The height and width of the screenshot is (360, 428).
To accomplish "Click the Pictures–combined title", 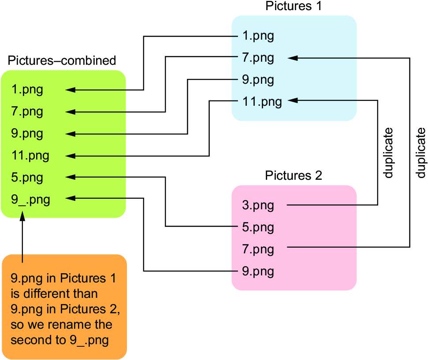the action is [62, 60].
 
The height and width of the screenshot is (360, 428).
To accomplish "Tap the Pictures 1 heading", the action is [294, 6].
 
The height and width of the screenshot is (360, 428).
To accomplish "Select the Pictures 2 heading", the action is [294, 175].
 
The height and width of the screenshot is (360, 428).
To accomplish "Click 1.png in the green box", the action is [27, 90].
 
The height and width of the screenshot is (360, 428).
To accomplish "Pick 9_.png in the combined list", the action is [30, 200].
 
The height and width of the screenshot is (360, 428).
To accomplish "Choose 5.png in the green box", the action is [27, 178].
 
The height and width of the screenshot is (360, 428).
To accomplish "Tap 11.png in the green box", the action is [30, 156].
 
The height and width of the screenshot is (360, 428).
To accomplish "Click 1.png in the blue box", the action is [258, 36].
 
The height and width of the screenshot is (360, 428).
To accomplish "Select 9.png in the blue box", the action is [258, 80].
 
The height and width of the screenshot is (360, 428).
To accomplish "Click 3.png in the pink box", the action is [258, 205].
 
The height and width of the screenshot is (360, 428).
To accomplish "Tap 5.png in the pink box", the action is [258, 227].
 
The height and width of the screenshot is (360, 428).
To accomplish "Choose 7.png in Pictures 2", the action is [258, 249].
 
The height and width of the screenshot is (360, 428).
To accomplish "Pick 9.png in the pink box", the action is [258, 271].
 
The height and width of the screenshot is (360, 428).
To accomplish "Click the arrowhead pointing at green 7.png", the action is [70, 112].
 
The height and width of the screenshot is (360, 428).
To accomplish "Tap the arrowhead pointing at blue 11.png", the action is [293, 100].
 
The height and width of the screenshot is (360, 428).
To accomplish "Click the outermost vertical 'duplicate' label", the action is [421, 153].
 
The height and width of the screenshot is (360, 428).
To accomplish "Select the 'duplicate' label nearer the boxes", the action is [388, 153].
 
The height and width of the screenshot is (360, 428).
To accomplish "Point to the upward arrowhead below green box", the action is [22, 216].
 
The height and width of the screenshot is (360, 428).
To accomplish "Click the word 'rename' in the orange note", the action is [64, 324].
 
